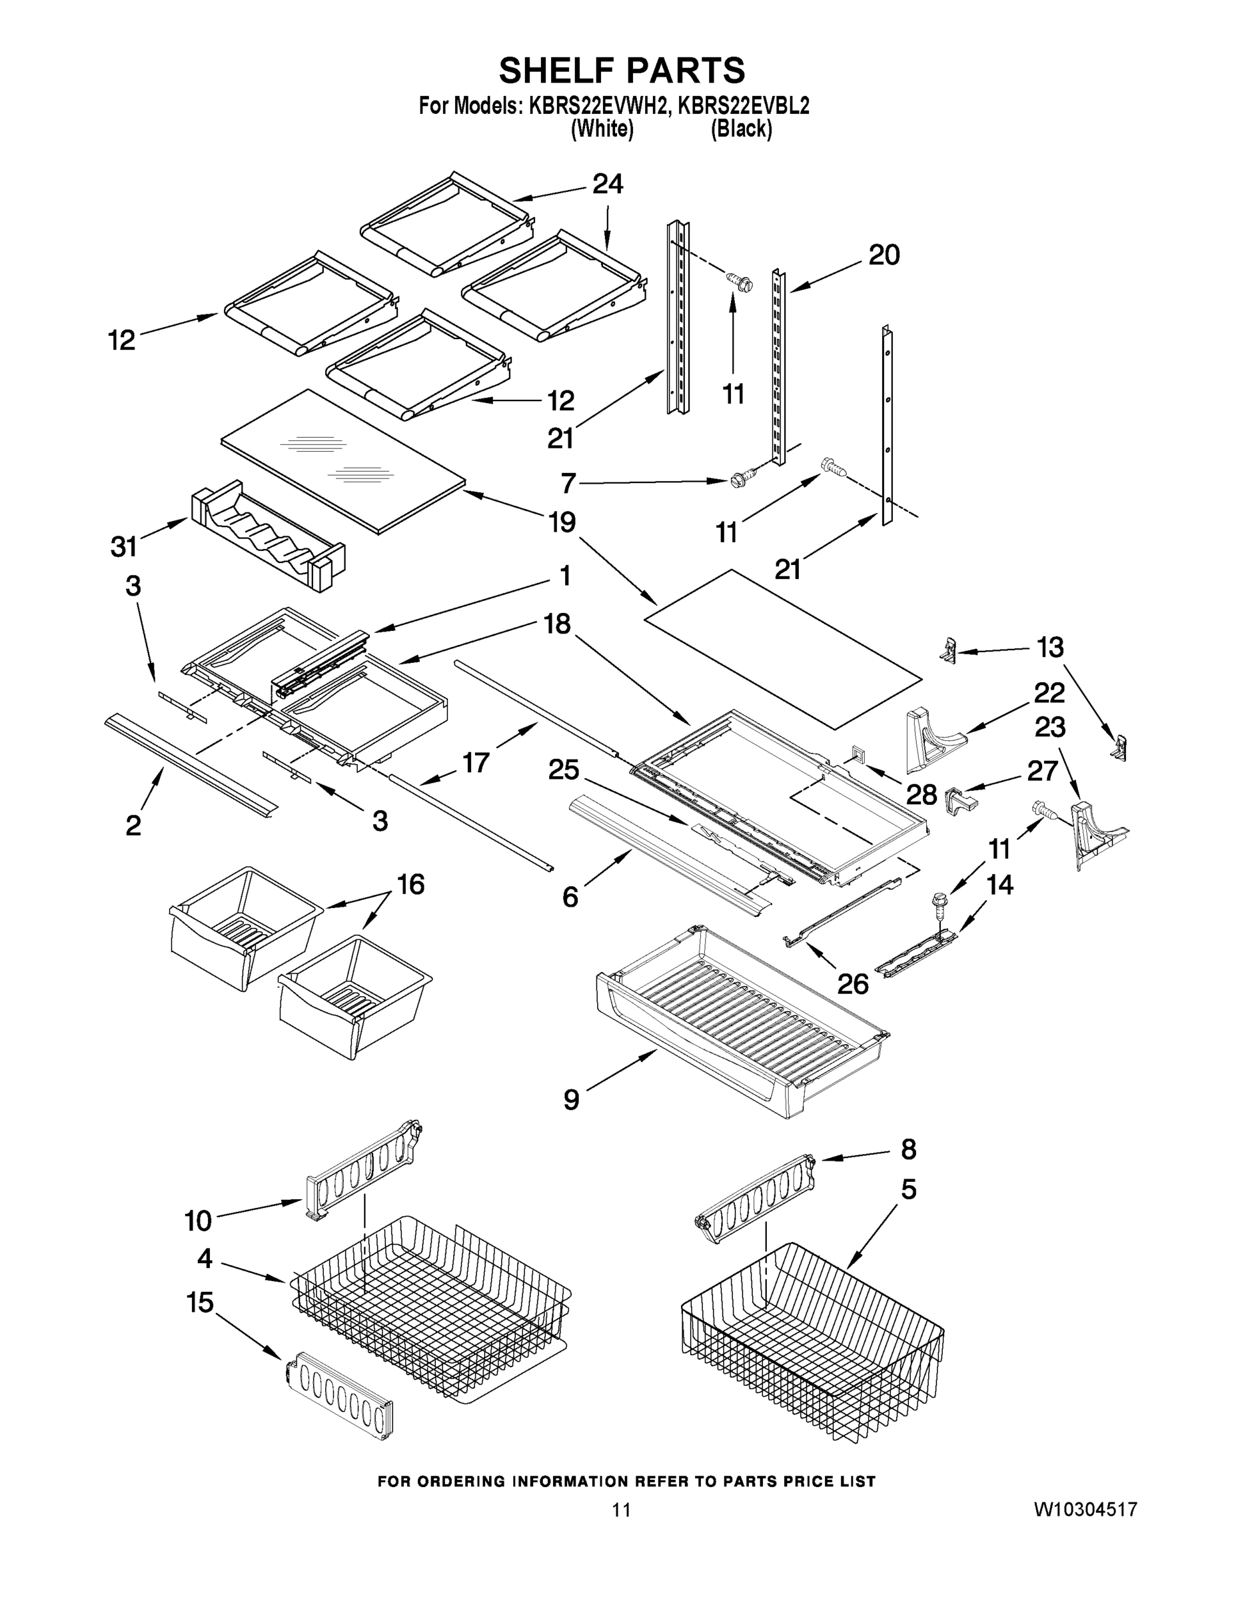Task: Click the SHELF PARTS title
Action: click(x=622, y=71)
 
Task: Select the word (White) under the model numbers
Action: click(x=602, y=130)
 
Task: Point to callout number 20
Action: click(x=884, y=256)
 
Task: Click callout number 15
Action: click(x=200, y=1303)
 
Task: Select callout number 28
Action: click(x=921, y=794)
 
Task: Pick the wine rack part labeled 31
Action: click(x=267, y=536)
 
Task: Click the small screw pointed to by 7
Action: click(x=739, y=481)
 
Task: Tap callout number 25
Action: click(x=563, y=770)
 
